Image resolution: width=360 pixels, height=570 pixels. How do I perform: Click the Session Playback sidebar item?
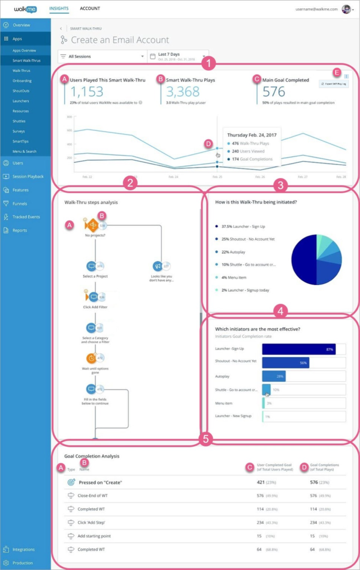(x=28, y=176)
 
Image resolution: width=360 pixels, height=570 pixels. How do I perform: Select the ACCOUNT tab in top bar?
(x=90, y=9)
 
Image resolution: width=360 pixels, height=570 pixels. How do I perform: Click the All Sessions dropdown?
(x=101, y=56)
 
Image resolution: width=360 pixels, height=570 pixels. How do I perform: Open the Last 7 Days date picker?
(x=178, y=56)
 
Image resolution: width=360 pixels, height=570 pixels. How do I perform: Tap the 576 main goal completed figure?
(x=274, y=92)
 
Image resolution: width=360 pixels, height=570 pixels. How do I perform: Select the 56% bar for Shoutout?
(x=285, y=362)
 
